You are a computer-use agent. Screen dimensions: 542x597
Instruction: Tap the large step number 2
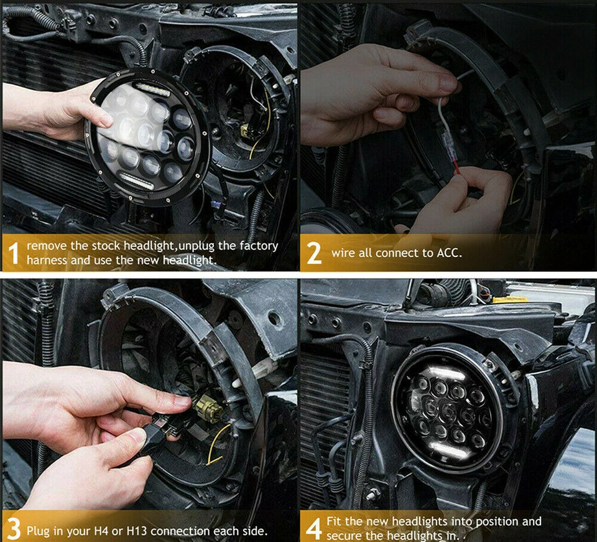(314, 254)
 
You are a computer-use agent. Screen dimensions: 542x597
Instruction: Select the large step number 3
(13, 530)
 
